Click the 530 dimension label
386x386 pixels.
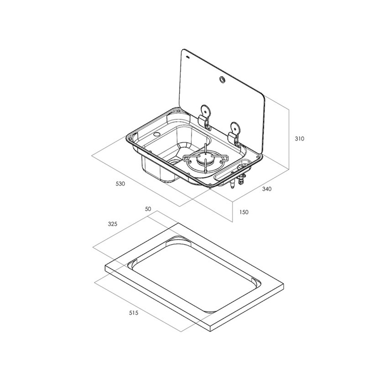(120, 184)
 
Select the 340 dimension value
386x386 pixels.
(267, 189)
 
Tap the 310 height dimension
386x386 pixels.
(300, 139)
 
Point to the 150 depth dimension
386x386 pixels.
(244, 212)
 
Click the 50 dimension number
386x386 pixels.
(148, 209)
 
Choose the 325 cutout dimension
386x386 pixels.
(112, 224)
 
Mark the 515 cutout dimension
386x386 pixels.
(134, 313)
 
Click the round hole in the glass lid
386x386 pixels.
(222, 79)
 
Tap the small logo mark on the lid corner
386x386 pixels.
(188, 58)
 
